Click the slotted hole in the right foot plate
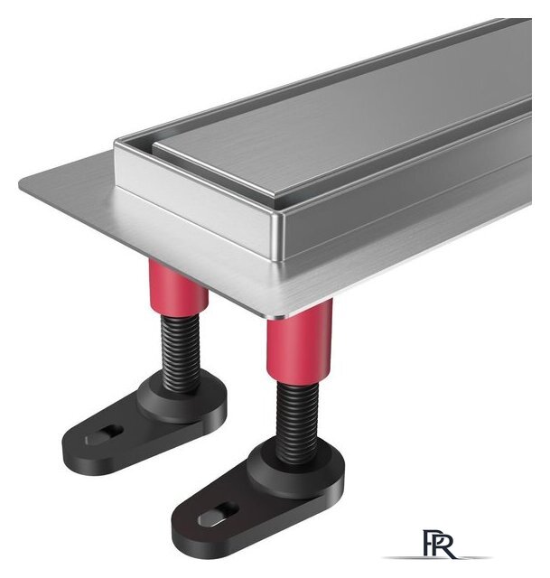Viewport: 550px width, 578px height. coord(219,514)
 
